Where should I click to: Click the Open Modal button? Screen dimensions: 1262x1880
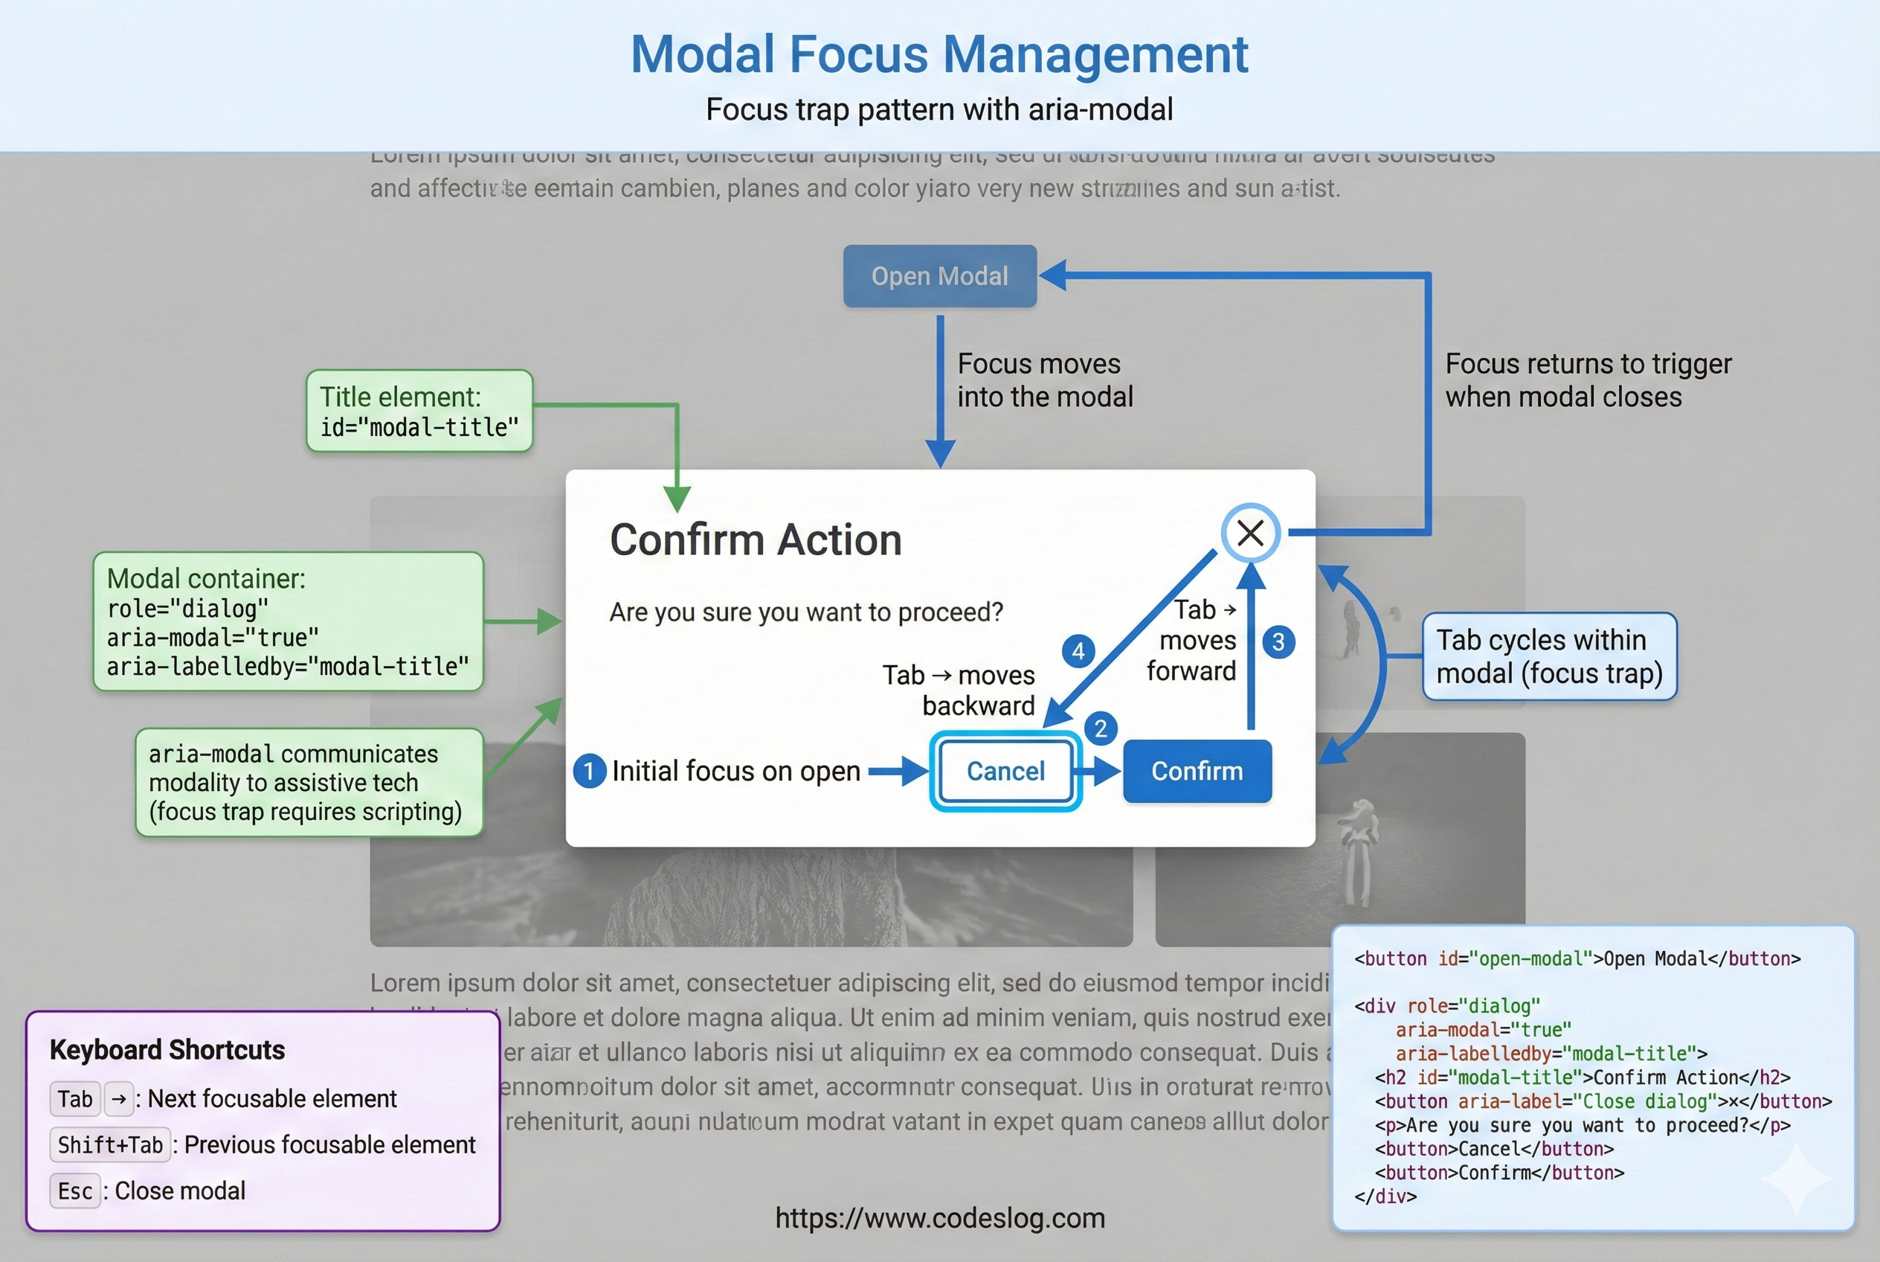tap(939, 276)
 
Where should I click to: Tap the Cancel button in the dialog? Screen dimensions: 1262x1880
tap(1005, 771)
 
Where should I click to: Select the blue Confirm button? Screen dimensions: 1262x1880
tap(1197, 771)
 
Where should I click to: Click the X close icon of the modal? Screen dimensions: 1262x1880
tap(1250, 533)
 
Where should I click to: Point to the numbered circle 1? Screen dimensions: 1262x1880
tap(590, 771)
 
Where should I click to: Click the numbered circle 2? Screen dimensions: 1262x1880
tap(1101, 728)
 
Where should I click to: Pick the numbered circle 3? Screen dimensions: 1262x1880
tap(1278, 642)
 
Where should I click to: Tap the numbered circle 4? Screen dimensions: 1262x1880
tap(1078, 650)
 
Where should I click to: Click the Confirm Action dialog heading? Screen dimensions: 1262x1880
tap(756, 539)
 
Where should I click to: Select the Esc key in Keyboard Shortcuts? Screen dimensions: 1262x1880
tap(75, 1191)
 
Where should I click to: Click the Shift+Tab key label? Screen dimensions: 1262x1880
tap(110, 1144)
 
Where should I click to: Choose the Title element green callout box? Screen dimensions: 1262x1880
tap(419, 411)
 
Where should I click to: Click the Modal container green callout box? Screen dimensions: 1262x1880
tap(288, 621)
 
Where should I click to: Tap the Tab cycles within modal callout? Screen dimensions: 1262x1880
tap(1549, 657)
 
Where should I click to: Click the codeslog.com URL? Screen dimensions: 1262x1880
tap(939, 1219)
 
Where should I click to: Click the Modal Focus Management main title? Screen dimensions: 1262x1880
tap(939, 55)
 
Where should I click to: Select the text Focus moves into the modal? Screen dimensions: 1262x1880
tap(1044, 380)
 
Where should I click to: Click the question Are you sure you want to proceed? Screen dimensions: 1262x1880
tap(806, 612)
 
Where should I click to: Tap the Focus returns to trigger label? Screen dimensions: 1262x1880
tap(1587, 380)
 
